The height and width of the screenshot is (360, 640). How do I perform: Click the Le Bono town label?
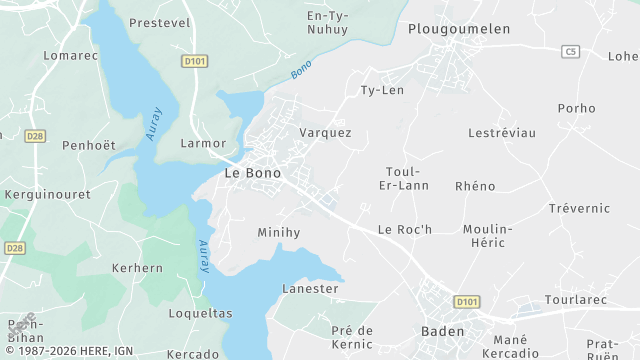252,173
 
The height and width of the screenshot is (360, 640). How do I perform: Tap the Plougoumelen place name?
459,29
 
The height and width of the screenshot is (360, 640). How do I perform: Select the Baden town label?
442,331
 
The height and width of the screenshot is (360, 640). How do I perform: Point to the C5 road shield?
571,51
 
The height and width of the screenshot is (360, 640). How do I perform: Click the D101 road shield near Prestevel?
194,61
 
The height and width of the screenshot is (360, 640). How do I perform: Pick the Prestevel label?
160,22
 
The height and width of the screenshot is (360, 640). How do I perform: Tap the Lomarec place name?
71,55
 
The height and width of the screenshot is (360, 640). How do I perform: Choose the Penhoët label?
89,146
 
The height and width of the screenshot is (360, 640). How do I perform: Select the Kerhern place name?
137,268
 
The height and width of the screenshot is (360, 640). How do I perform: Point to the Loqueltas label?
200,312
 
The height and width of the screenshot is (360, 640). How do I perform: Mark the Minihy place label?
278,232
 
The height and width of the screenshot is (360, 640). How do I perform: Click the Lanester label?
310,288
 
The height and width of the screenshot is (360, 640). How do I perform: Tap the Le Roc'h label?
404,229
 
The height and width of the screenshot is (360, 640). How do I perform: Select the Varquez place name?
325,132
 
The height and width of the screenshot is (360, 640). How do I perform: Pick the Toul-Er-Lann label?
405,178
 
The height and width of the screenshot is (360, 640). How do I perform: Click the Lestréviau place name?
502,132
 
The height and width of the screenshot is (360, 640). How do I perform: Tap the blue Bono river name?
301,70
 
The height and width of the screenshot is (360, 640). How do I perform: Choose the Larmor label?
203,143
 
